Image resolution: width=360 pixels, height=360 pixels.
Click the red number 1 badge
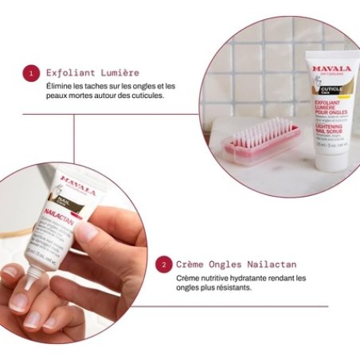pos(30,73)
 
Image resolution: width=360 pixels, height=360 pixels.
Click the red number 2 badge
pos(163,264)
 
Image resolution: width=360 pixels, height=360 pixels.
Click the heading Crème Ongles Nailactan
pos(232,264)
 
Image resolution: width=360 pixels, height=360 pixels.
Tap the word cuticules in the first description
pos(143,96)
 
